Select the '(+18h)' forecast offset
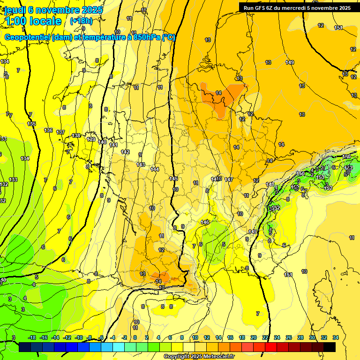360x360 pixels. (x=81, y=21)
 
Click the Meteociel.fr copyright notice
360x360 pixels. (x=199, y=356)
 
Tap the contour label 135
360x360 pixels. (x=31, y=124)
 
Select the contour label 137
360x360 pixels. (x=60, y=133)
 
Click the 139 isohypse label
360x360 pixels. (x=91, y=139)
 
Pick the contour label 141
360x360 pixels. (x=113, y=145)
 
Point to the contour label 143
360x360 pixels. (x=141, y=165)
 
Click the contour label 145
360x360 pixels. (x=173, y=179)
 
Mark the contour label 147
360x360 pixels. (x=229, y=180)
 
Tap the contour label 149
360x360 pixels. (x=290, y=62)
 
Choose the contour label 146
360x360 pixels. (x=205, y=222)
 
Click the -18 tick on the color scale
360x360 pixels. (x=32, y=337)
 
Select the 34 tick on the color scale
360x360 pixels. (x=335, y=337)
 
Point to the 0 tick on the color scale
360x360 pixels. (x=135, y=337)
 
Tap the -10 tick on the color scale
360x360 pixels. (x=79, y=337)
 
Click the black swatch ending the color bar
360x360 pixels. (x=330, y=347)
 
